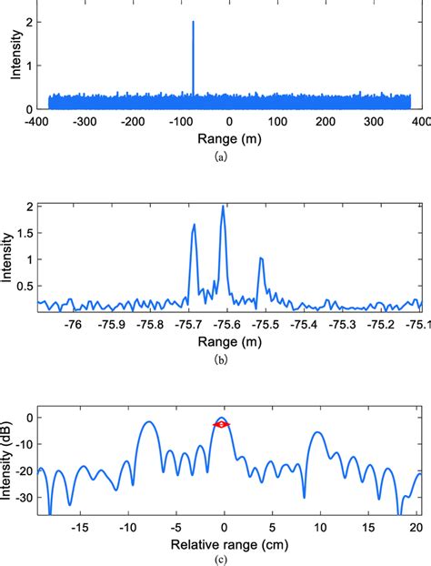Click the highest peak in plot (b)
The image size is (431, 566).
[x=223, y=207]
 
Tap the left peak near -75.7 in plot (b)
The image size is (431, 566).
[x=194, y=226]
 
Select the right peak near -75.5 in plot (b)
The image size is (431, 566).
[x=261, y=258]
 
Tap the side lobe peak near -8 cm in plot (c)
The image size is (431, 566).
[x=147, y=422]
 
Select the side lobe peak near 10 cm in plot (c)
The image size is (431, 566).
[x=317, y=433]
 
